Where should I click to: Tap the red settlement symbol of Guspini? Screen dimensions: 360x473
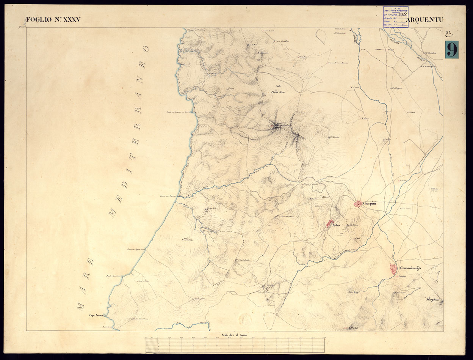tap(358, 204)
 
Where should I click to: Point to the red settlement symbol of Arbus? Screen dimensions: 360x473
tap(330, 224)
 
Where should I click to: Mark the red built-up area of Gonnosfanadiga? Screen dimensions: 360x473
tap(393, 269)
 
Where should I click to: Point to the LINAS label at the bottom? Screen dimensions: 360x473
tap(353, 327)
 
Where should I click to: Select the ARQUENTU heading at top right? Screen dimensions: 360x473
tap(424, 20)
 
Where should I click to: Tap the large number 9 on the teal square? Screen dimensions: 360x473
tap(451, 50)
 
